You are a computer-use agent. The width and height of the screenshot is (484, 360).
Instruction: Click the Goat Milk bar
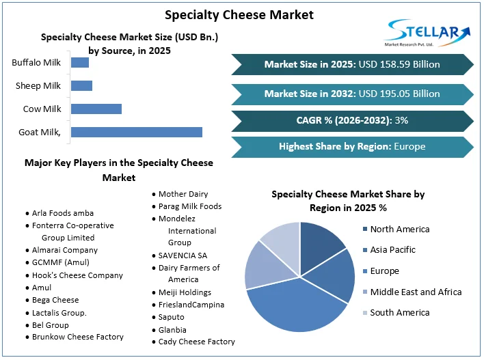click(x=137, y=132)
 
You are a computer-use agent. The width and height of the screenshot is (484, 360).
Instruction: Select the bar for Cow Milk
click(x=96, y=109)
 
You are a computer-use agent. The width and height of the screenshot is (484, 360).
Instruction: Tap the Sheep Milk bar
click(x=81, y=86)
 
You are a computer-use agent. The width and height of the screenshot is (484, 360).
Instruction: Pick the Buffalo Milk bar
click(x=80, y=63)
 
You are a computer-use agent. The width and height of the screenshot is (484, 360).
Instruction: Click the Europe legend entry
click(x=385, y=271)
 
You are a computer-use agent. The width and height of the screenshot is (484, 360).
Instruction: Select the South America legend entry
click(x=400, y=312)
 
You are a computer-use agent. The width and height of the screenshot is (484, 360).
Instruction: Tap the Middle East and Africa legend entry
click(x=416, y=292)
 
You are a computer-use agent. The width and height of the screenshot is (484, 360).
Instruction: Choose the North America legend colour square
click(x=365, y=230)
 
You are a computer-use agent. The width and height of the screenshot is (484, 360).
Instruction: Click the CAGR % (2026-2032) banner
click(x=353, y=121)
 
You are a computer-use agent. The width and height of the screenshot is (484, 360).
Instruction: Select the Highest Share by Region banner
click(x=353, y=146)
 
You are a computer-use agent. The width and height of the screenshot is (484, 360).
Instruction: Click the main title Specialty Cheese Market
click(x=240, y=14)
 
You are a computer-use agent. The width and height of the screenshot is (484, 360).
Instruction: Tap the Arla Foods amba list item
click(x=63, y=213)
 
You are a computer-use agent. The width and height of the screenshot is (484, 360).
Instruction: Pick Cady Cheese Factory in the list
click(x=196, y=342)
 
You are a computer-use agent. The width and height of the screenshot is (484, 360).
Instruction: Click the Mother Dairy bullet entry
click(x=183, y=194)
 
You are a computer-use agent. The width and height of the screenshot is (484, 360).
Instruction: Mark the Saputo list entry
click(x=172, y=317)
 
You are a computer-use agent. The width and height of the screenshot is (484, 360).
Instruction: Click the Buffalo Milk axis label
click(x=36, y=63)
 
